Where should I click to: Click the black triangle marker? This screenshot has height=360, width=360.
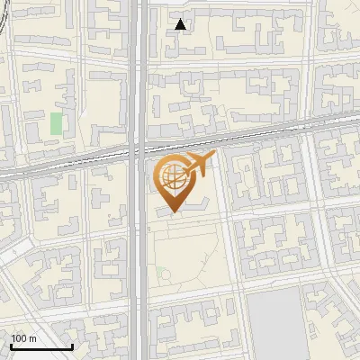(181, 24)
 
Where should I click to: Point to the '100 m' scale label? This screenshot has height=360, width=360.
(23, 338)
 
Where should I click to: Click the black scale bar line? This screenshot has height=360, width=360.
(40, 346)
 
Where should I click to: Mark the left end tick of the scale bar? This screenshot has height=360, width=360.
(10, 345)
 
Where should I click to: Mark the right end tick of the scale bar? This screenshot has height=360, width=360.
(72, 345)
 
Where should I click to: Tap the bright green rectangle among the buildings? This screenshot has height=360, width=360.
(57, 123)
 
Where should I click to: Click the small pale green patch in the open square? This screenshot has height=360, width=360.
(164, 273)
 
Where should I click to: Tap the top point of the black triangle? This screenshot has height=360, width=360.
(181, 19)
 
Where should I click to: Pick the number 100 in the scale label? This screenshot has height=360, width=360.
(19, 338)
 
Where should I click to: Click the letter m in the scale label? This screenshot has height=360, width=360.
(32, 339)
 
